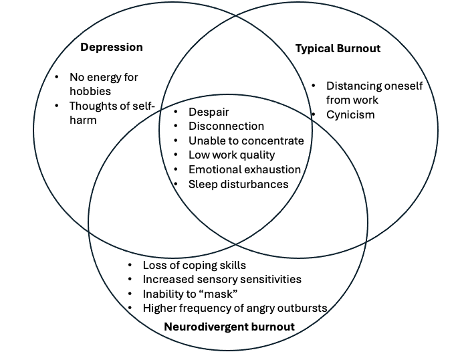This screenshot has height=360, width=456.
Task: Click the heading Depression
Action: pos(112,47)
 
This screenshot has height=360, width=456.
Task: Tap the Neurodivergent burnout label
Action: pos(229,327)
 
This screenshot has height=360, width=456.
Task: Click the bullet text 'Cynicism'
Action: pos(350,114)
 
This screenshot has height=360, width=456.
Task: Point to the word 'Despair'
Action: pos(209,112)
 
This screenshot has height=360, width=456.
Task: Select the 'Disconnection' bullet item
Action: pos(226,126)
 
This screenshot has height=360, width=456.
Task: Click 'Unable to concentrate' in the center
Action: pos(246,141)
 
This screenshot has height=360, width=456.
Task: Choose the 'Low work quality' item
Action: pos(231,155)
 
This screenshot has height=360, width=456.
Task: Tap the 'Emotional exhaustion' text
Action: pos(245,170)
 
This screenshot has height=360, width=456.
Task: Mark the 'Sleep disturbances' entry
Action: pos(238,184)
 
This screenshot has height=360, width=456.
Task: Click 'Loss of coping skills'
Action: pos(195,264)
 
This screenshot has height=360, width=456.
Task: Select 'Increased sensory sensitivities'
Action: pos(222,279)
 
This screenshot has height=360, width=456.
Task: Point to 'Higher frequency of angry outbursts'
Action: pos(235,308)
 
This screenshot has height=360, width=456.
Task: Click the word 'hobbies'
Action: pos(90,91)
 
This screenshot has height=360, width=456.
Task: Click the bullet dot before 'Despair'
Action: pos(175,112)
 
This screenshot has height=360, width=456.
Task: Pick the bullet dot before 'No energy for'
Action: pos(56,77)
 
